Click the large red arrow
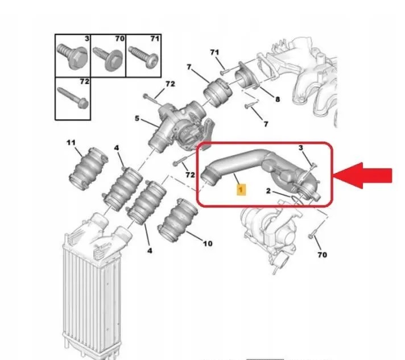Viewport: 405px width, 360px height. (x=363, y=176)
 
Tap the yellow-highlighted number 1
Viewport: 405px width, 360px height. (x=241, y=190)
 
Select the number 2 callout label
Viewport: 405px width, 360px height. (x=268, y=191)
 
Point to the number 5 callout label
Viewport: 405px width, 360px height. (x=137, y=118)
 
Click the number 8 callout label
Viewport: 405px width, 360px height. (x=278, y=99)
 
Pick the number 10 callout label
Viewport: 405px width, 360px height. (x=208, y=243)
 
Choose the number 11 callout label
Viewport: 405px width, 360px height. (x=71, y=143)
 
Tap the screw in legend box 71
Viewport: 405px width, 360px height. (x=143, y=56)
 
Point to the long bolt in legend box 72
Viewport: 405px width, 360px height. (x=73, y=98)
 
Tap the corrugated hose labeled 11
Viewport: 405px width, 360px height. (x=89, y=168)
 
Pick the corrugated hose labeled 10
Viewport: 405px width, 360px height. (x=177, y=220)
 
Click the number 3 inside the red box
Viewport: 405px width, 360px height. (x=301, y=148)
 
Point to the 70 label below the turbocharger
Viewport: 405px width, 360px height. (x=322, y=255)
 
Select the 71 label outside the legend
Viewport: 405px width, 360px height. (x=214, y=52)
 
